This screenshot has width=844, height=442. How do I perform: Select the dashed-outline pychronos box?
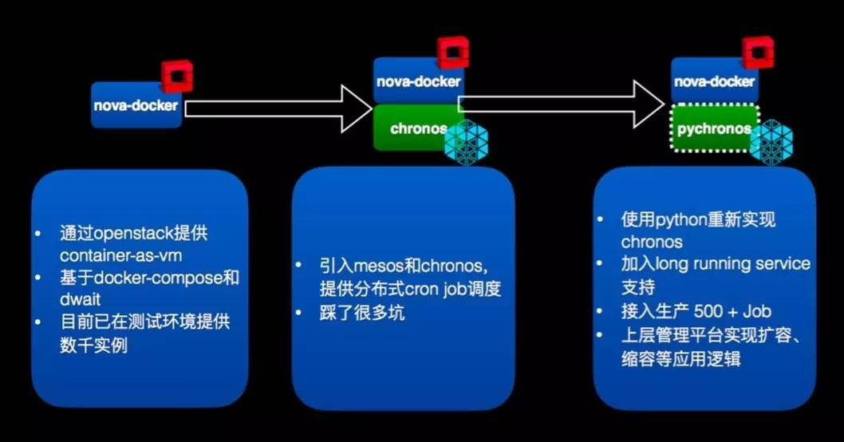713,128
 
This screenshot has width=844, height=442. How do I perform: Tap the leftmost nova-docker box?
136,105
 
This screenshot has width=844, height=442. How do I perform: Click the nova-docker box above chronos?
418,81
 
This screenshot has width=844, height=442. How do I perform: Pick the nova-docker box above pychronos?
714,81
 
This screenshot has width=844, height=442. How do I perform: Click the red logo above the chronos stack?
452,53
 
